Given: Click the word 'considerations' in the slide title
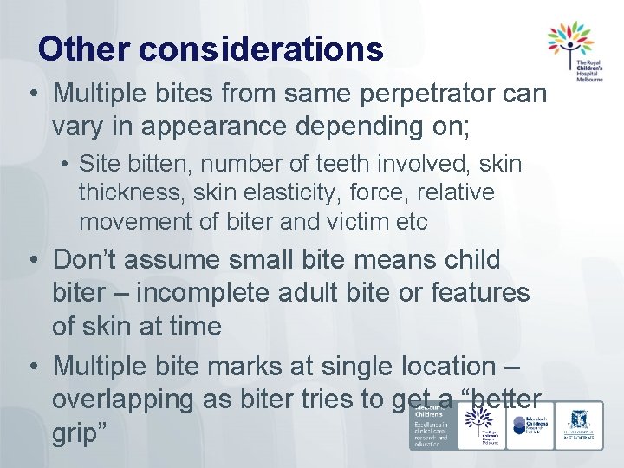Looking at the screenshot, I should point(260,49).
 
